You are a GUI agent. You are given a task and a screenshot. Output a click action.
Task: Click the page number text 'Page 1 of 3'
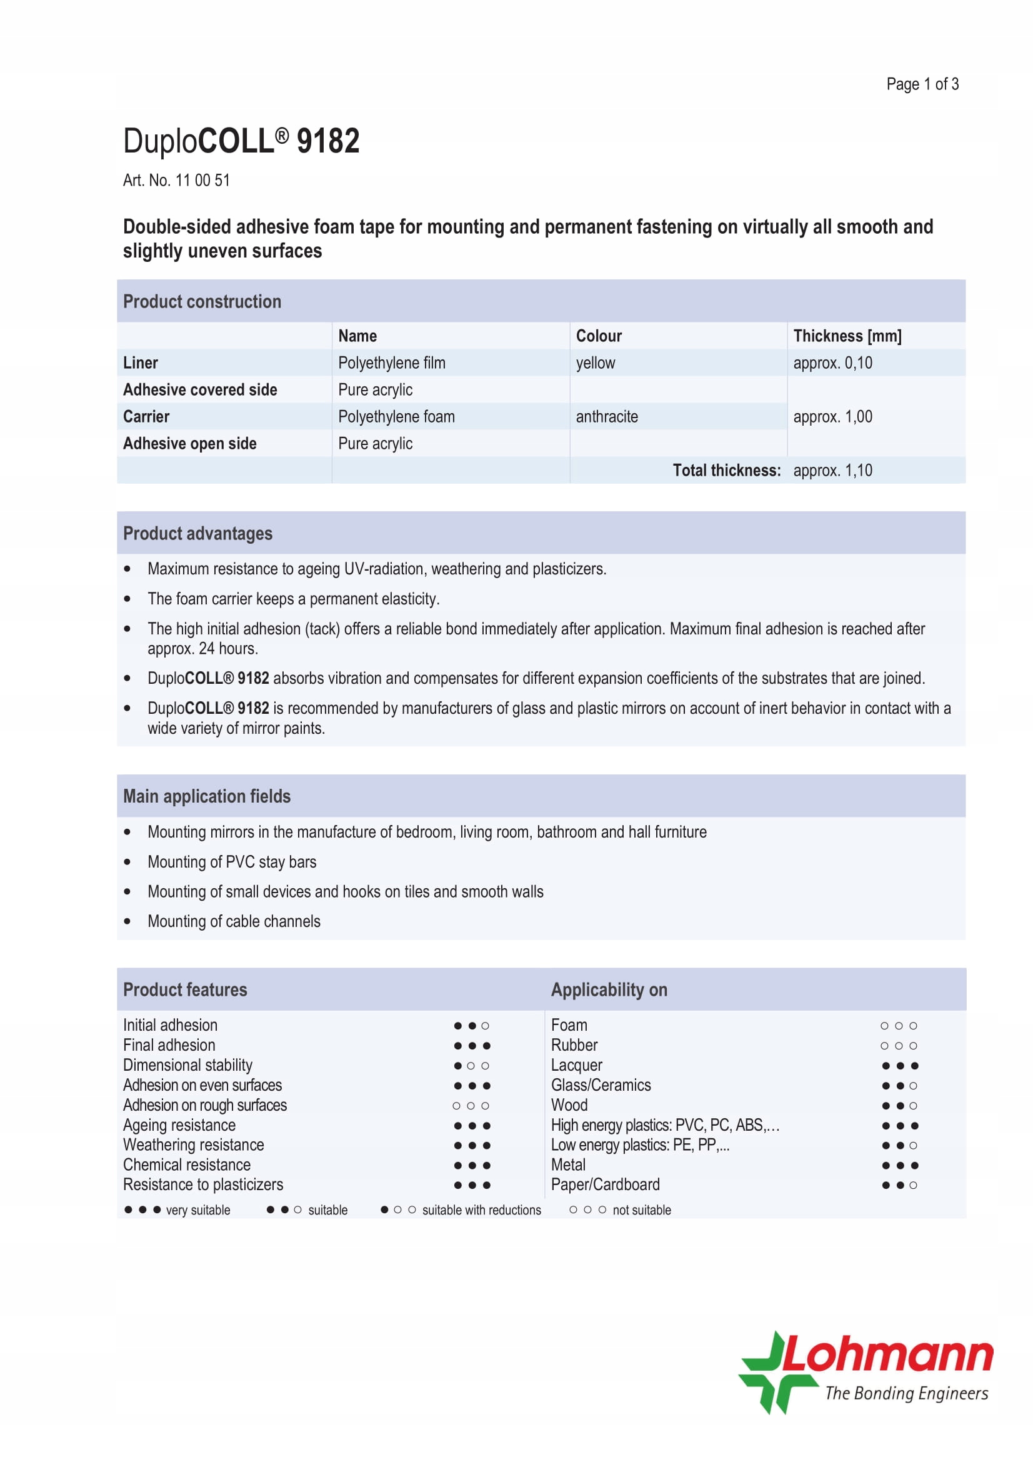pos(922,84)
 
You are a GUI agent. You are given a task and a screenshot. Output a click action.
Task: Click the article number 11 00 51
pos(202,180)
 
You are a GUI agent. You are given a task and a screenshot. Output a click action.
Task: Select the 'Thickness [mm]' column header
pos(847,336)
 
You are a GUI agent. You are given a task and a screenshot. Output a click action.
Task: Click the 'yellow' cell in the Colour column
pos(595,363)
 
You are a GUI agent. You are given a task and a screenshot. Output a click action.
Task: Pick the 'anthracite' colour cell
pos(607,416)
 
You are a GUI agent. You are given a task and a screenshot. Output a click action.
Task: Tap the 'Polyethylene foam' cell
pos(396,416)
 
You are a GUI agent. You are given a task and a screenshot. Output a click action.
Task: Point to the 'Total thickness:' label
pos(726,471)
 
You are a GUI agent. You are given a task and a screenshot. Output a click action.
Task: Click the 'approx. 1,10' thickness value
pos(832,471)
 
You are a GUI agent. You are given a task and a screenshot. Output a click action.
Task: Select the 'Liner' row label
pos(140,363)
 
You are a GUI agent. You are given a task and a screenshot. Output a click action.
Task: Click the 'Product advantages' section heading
pos(197,533)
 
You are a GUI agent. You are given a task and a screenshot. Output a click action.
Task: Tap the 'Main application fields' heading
pos(206,796)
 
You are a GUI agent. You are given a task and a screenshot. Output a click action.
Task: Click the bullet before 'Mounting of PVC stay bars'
pos(127,862)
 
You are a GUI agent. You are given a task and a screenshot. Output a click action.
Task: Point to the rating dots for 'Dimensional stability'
pos(471,1065)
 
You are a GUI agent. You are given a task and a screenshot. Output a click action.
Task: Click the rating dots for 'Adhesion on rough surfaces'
pos(471,1106)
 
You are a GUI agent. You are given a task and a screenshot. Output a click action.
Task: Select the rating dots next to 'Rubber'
pos(898,1046)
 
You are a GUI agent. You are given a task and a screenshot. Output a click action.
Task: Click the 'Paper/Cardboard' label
pos(605,1184)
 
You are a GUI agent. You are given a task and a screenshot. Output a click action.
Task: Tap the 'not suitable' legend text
pos(641,1210)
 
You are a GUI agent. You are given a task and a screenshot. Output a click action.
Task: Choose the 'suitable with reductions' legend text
pos(481,1210)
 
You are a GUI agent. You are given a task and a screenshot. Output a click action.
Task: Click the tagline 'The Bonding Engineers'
pos(906,1394)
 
